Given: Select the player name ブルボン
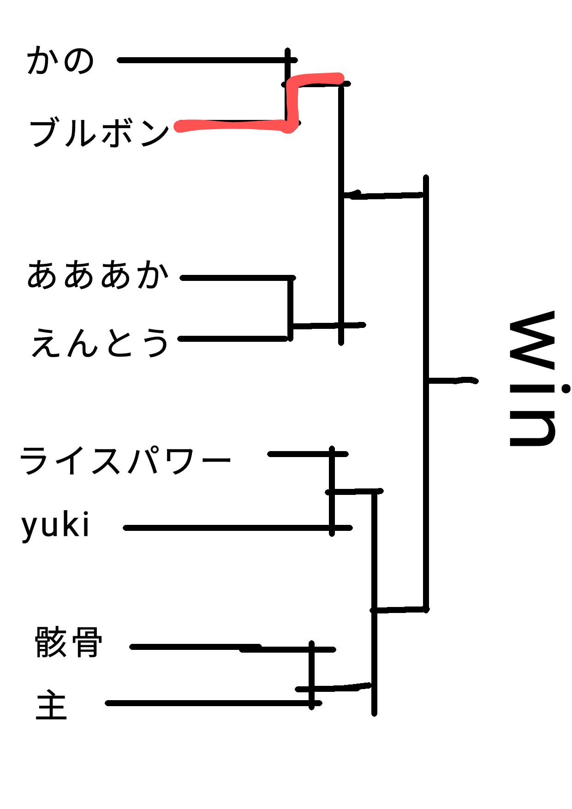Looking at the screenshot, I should (x=100, y=133).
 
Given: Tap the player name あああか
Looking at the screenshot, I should (x=98, y=275).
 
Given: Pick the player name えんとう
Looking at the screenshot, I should (x=100, y=343).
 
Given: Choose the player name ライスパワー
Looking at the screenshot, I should (x=125, y=460).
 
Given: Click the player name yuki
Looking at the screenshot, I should (x=55, y=526).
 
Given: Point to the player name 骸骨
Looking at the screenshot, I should (x=68, y=642).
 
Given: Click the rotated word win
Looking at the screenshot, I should (x=533, y=378).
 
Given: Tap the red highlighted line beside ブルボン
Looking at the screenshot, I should (x=231, y=125).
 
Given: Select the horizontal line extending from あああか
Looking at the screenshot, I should (x=235, y=278).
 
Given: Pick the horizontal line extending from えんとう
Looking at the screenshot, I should (x=233, y=339).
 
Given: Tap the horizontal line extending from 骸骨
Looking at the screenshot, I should (x=194, y=647).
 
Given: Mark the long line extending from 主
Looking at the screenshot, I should (x=208, y=703).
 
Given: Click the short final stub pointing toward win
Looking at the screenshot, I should (x=452, y=381).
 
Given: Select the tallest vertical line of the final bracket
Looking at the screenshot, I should (x=426, y=392).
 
